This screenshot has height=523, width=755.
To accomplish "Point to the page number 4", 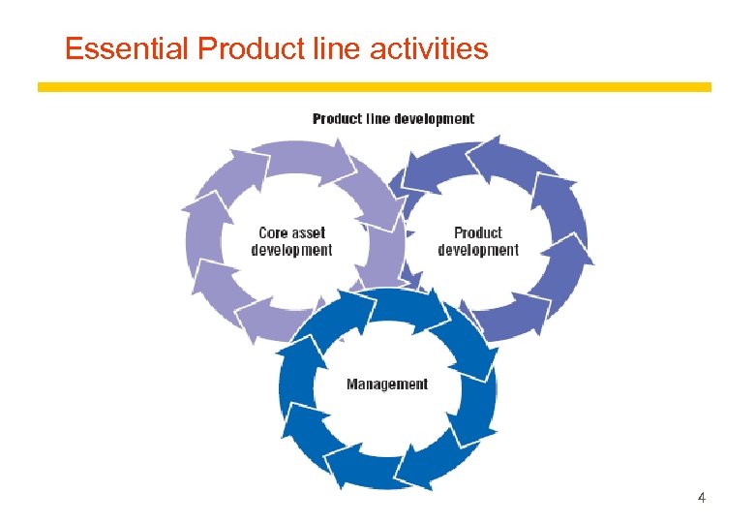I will [701, 498].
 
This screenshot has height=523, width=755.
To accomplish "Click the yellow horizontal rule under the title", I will [374, 87].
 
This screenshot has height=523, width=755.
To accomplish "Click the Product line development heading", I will [393, 119].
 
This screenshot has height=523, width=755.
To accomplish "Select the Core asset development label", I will [291, 241].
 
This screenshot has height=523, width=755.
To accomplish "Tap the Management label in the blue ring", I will [387, 385].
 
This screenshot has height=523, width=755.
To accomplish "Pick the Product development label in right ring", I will [478, 241].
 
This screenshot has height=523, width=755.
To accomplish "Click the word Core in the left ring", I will [274, 232].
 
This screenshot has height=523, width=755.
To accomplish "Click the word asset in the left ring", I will [309, 232].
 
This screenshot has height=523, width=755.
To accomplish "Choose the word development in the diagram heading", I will [435, 119].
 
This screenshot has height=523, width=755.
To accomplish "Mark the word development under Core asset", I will [291, 250].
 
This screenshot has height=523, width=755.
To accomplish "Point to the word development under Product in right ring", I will [478, 250].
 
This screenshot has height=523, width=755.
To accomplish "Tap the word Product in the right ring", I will [478, 232].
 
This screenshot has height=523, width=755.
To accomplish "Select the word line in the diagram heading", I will [378, 119].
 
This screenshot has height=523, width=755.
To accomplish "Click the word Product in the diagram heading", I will [338, 119].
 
